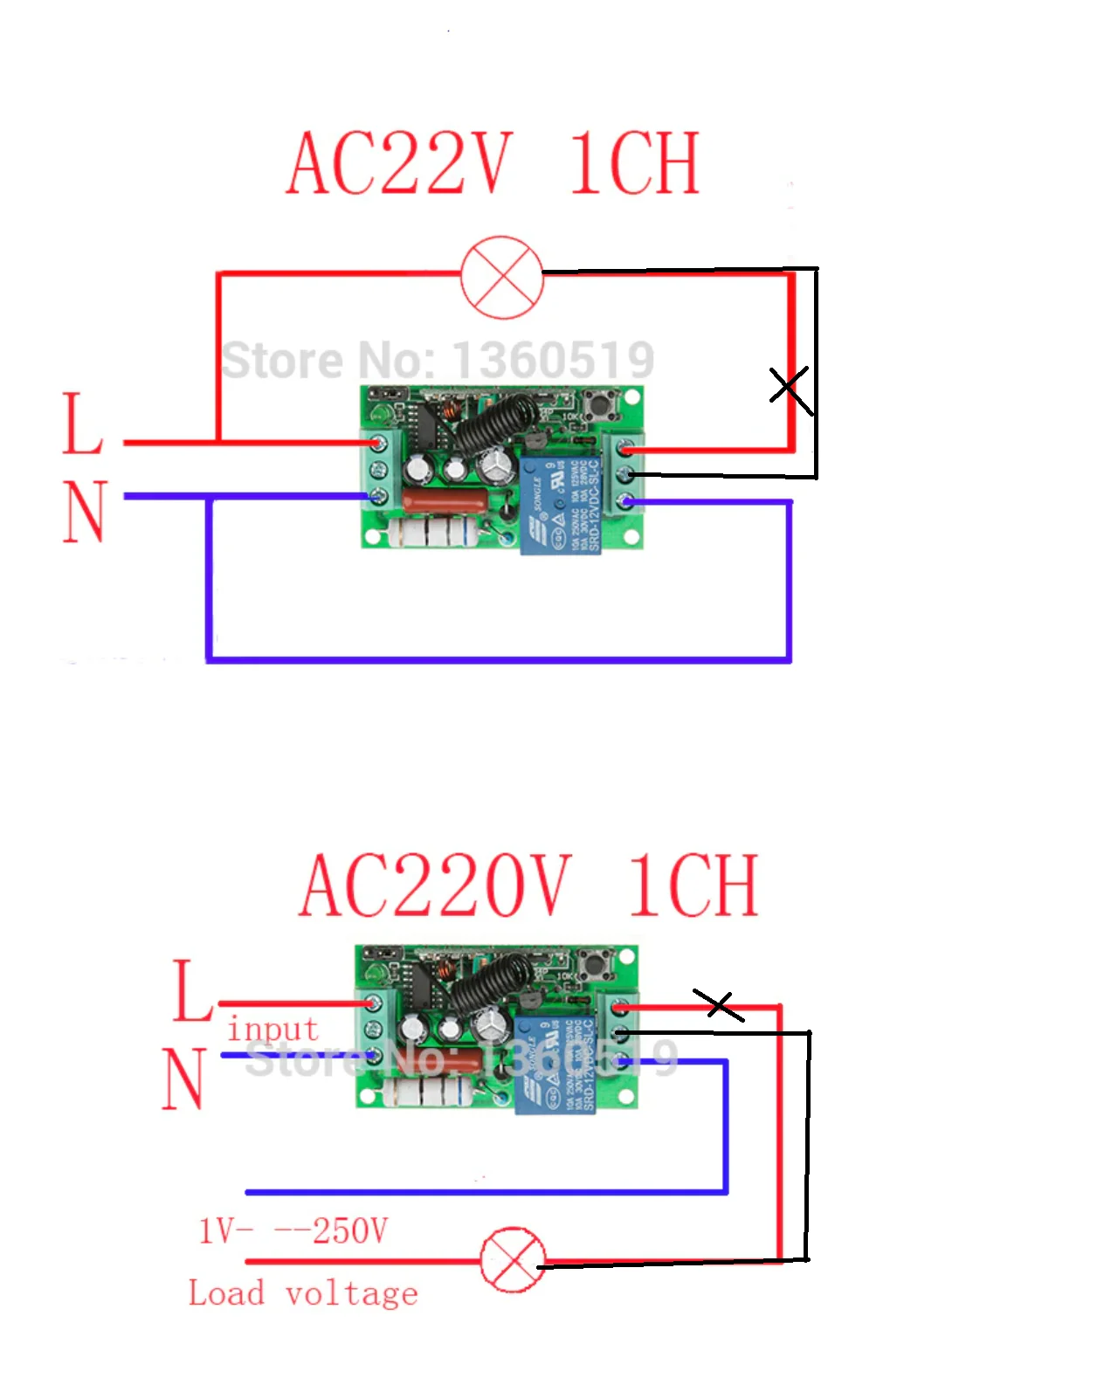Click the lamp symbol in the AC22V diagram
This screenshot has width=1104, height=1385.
(x=501, y=277)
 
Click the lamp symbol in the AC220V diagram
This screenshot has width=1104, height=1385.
(x=514, y=1260)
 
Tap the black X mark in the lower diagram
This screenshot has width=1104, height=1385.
(x=718, y=1004)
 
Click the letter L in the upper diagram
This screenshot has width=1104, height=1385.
(x=82, y=424)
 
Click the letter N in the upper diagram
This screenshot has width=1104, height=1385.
(x=85, y=512)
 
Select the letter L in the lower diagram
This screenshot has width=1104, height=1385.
(x=191, y=990)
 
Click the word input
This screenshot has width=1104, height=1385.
(x=273, y=1030)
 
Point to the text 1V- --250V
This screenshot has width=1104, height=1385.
(x=293, y=1231)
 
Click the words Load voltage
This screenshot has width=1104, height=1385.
(x=303, y=1293)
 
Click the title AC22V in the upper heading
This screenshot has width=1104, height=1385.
(x=398, y=163)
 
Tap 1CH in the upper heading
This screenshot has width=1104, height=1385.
(x=635, y=163)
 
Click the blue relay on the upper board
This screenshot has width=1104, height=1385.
(x=560, y=504)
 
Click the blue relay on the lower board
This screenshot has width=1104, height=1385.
(x=555, y=1065)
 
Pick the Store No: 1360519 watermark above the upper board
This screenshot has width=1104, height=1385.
(x=437, y=360)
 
